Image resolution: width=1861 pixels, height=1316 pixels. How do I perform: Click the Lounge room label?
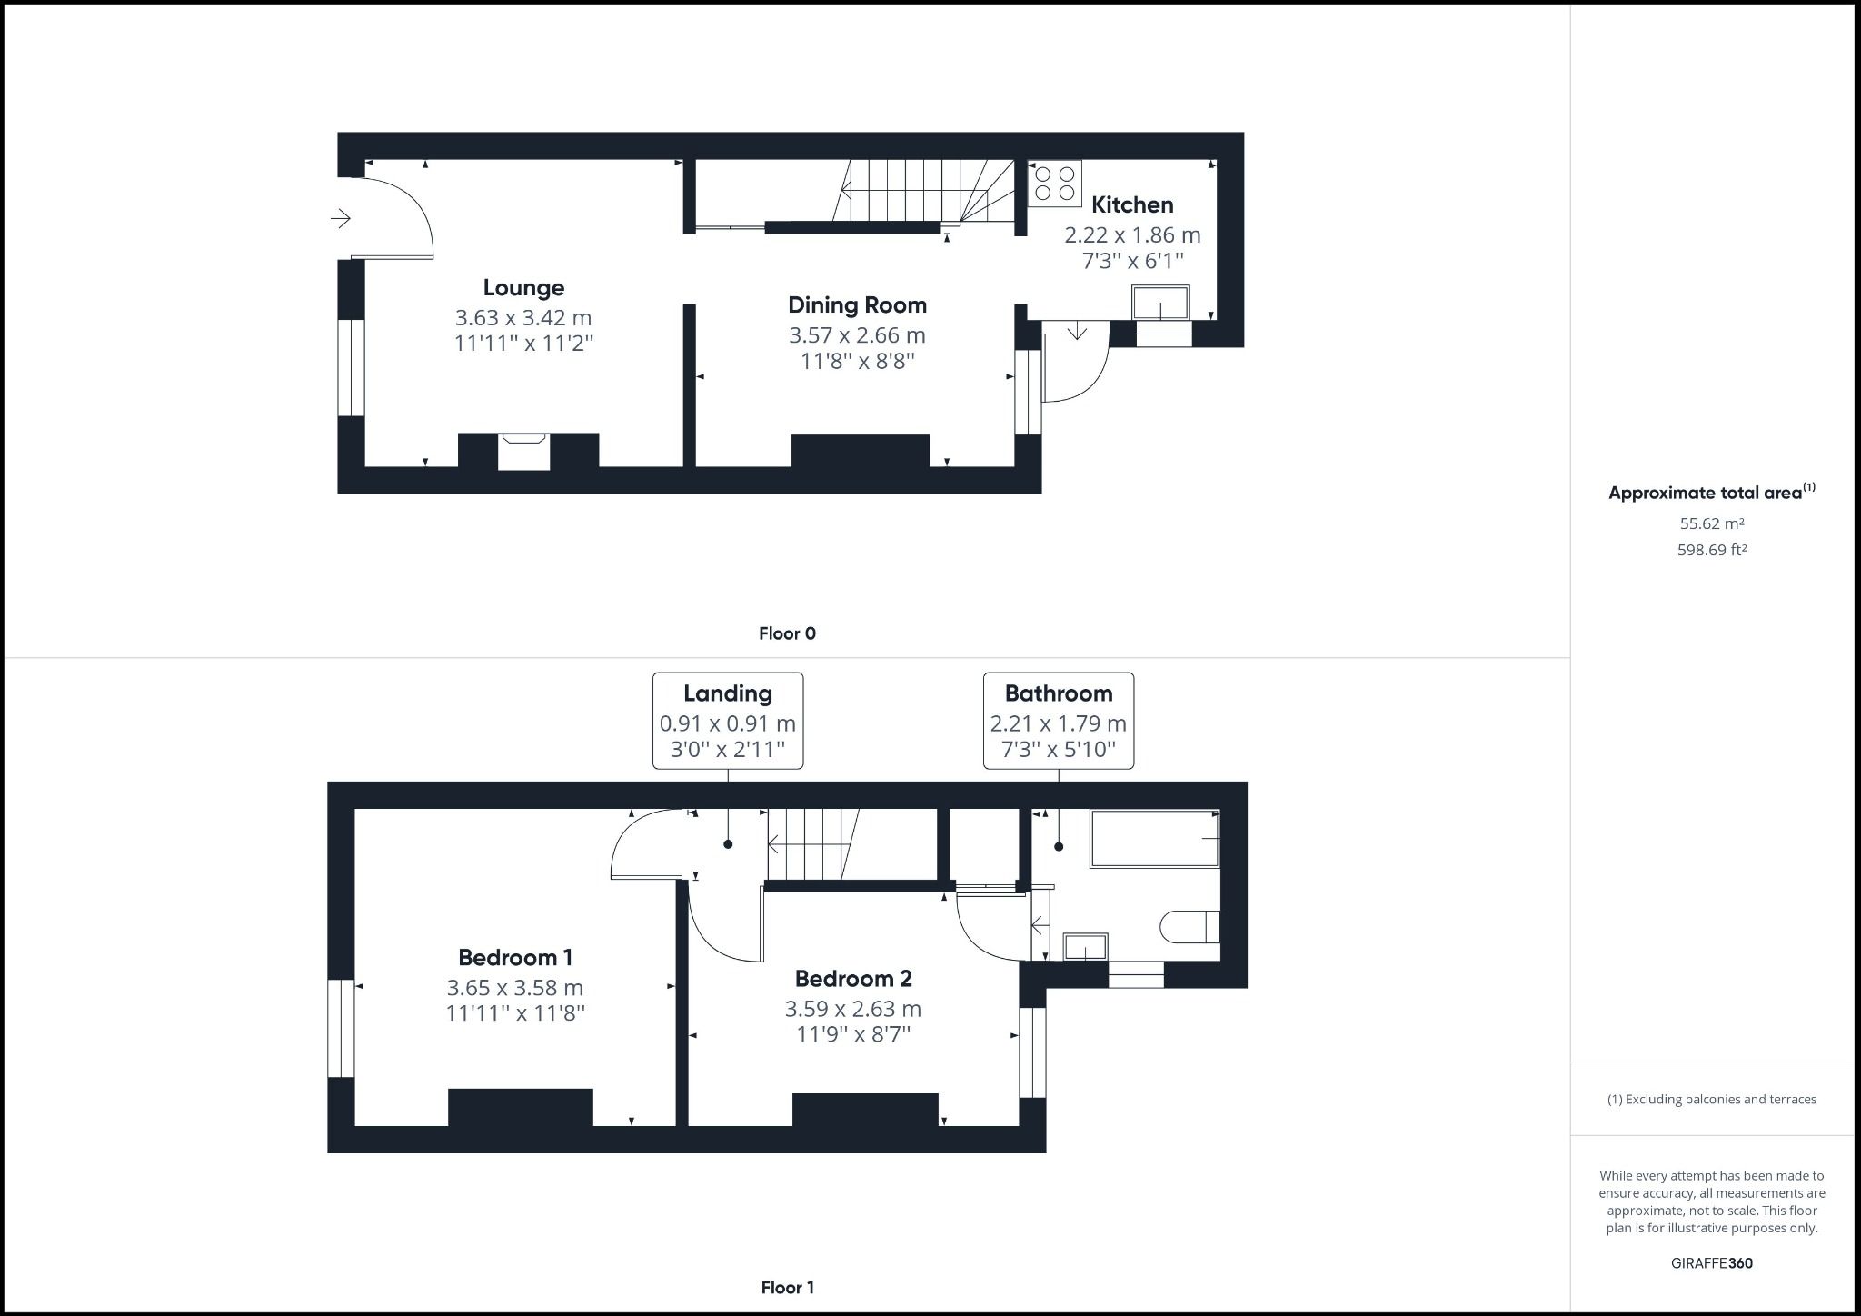(523, 288)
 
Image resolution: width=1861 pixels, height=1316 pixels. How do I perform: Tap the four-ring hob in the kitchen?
(1055, 183)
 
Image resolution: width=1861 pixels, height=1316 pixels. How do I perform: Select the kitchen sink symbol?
(1160, 303)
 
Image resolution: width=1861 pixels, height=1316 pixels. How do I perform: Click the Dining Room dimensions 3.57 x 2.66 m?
(857, 335)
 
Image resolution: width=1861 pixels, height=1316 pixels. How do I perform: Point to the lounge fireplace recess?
(524, 452)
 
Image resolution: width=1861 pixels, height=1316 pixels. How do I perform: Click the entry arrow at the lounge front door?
(341, 218)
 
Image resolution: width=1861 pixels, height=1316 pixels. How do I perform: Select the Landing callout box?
(728, 721)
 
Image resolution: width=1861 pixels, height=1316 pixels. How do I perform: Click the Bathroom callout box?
(1059, 721)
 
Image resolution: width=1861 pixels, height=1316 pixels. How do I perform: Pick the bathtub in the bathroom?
(1155, 838)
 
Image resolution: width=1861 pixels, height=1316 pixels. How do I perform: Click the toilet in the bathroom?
(1189, 927)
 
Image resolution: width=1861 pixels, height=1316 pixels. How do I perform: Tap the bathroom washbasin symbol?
(1085, 947)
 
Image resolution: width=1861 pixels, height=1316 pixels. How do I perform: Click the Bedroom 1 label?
(515, 957)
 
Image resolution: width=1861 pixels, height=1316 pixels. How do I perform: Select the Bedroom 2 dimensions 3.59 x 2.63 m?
(853, 1009)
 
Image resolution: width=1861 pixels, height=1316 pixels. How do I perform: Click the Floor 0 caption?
(787, 633)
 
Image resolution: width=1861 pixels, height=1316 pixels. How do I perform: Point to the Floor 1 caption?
(787, 1287)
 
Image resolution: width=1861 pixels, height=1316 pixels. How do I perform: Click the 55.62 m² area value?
(1712, 523)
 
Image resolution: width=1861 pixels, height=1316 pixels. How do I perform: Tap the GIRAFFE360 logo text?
(1712, 1263)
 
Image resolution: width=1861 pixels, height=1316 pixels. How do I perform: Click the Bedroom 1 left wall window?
(341, 1028)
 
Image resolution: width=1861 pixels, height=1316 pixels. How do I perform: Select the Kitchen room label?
(1132, 204)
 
